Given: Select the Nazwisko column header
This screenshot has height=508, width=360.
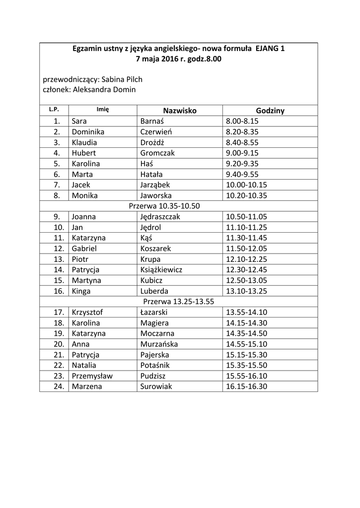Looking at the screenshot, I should (x=179, y=111).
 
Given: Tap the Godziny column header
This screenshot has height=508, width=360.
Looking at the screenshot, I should (x=270, y=111).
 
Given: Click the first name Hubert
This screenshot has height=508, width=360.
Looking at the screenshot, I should (x=83, y=153).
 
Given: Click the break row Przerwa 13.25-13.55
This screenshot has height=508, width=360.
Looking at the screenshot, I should (x=178, y=302).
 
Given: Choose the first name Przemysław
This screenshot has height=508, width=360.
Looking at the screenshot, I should (x=92, y=376).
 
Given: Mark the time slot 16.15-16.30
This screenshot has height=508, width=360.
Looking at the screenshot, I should (x=246, y=386).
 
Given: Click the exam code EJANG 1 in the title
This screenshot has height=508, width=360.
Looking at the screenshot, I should (x=270, y=49).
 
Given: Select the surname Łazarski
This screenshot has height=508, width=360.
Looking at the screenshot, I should (x=154, y=312).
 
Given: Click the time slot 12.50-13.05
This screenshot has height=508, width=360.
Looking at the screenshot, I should (x=246, y=280).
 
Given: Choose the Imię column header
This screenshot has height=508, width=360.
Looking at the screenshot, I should (x=103, y=110).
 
